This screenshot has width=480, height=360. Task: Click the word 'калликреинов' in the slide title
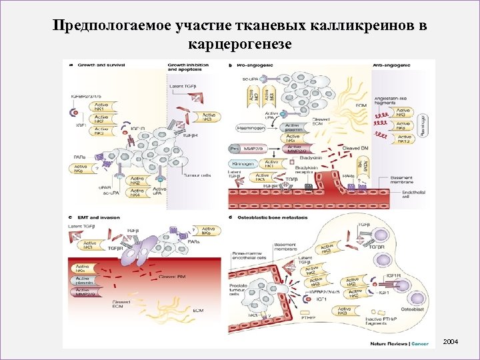[358, 25]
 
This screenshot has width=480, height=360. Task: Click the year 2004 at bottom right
[451, 342]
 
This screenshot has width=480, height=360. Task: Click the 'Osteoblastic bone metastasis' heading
[273, 217]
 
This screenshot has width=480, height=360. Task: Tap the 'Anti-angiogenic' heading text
[391, 65]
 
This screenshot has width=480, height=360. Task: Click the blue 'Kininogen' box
[245, 163]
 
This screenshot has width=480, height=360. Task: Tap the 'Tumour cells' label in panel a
[196, 176]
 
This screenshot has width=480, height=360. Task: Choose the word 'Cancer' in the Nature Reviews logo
[421, 344]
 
